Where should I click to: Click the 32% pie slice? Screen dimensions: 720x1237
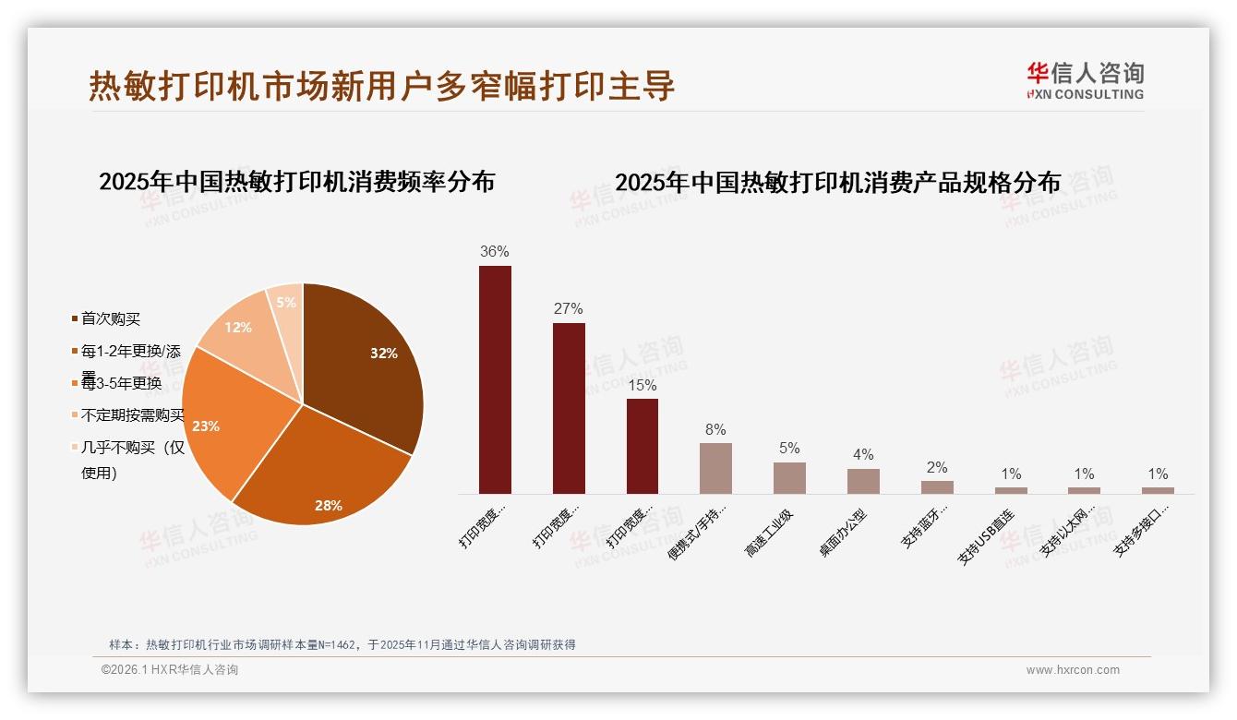[369, 360]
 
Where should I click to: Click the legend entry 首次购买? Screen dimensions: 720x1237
[110, 318]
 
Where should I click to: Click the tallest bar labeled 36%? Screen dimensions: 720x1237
[495, 379]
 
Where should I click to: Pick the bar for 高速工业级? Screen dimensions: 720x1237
[789, 478]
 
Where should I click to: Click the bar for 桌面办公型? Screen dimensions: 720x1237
[863, 481]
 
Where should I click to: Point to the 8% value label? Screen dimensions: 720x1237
[715, 429]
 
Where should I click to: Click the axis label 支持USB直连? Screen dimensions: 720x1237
[987, 535]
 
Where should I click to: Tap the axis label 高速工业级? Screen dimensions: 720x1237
[769, 533]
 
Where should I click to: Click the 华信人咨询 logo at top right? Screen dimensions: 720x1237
[1085, 80]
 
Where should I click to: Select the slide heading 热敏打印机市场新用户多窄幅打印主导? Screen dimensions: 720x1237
[382, 85]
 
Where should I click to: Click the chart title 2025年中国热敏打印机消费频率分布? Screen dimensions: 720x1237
[296, 181]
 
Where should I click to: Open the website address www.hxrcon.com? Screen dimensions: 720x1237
[1073, 670]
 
